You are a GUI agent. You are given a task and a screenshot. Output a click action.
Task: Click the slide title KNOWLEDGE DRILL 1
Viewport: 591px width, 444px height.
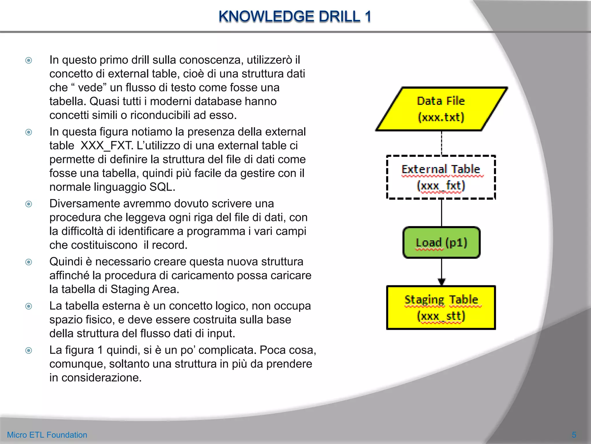(x=295, y=16)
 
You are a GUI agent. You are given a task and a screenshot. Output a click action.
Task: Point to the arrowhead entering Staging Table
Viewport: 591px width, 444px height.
(x=442, y=282)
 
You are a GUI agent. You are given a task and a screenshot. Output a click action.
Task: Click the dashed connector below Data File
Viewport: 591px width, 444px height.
(x=442, y=143)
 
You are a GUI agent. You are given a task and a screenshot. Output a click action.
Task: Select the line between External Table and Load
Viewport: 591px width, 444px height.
(x=442, y=213)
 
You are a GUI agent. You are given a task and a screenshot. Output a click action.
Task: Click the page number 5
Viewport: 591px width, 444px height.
(x=574, y=435)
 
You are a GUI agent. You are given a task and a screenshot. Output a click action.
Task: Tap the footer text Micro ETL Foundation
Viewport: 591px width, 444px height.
(x=47, y=435)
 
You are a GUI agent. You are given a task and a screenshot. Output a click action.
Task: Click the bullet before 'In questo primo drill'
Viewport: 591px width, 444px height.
(x=29, y=60)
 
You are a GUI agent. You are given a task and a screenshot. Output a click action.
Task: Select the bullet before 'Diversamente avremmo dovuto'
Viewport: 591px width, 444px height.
(x=29, y=204)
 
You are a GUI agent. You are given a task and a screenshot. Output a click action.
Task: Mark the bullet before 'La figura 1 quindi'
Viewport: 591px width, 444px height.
(x=29, y=351)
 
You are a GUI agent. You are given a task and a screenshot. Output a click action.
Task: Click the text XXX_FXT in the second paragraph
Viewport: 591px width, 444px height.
(x=107, y=145)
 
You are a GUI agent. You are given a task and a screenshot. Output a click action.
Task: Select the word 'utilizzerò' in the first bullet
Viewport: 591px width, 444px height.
(x=270, y=60)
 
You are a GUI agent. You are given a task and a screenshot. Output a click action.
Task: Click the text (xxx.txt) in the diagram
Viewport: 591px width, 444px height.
(x=441, y=117)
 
